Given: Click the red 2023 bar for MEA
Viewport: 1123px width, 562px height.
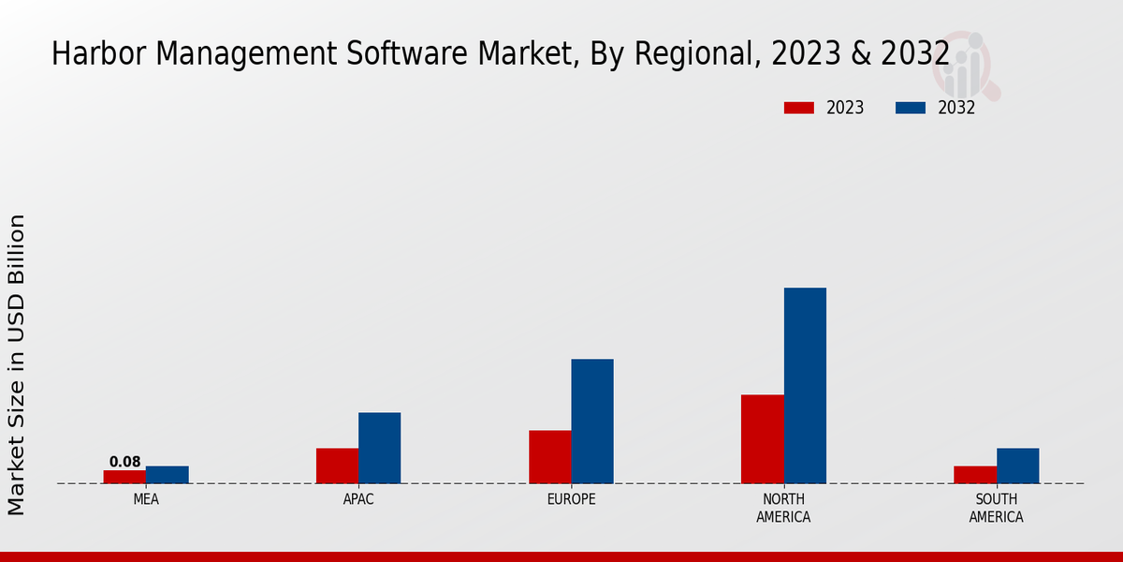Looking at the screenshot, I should [124, 477].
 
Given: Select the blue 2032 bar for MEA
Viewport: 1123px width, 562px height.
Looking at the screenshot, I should [167, 475].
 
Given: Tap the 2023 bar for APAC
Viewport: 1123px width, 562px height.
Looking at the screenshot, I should [337, 466].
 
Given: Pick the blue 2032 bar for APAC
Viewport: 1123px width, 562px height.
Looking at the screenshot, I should [379, 448].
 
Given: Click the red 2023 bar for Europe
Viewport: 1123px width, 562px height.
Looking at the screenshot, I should [549, 457].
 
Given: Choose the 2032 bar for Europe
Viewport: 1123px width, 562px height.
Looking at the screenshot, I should [592, 421].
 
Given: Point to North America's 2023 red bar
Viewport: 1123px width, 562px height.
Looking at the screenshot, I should [762, 439].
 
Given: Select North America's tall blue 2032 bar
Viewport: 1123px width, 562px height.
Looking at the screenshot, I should [805, 386].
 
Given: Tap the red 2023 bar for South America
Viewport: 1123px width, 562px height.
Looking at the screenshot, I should [974, 475].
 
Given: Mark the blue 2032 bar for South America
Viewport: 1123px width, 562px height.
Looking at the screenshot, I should [1017, 466].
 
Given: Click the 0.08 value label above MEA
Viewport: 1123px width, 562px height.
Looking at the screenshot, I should [124, 462].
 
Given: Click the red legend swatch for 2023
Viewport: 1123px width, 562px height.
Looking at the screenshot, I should [798, 108].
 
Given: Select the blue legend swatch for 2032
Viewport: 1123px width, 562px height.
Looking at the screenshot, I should [910, 108].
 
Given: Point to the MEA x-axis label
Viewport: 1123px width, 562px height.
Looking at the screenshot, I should [146, 499].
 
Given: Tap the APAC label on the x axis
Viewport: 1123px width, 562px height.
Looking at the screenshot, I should [358, 499].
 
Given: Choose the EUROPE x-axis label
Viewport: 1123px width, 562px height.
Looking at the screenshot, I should [571, 499].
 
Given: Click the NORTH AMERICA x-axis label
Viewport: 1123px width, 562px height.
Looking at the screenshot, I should [783, 508].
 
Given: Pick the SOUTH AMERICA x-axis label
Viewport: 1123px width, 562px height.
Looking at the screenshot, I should [996, 508].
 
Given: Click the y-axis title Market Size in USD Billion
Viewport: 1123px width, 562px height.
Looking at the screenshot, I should [17, 365].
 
